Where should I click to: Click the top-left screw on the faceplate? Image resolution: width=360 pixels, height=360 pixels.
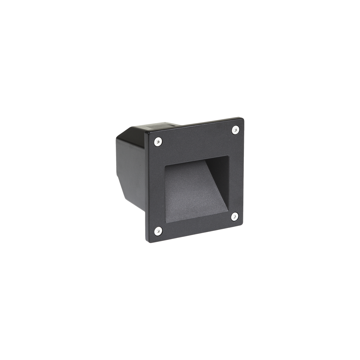[x=157, y=142]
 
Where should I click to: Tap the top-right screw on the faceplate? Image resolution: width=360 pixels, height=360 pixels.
[x=235, y=130]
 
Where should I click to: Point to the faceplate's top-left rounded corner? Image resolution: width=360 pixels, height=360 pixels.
[x=146, y=133]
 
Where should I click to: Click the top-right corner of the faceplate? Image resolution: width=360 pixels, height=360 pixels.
[x=244, y=118]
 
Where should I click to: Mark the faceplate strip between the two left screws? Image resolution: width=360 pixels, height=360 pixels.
[x=154, y=186]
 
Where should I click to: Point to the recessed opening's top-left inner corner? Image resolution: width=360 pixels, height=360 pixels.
[x=165, y=166]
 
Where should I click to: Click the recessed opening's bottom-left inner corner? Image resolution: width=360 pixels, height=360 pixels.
[x=164, y=223]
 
